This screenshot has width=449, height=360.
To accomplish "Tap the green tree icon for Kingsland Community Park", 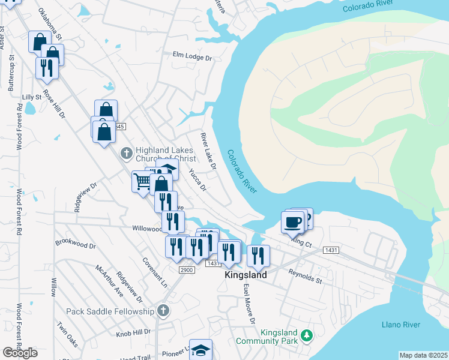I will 307,334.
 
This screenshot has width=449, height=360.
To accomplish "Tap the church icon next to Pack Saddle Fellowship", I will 162,310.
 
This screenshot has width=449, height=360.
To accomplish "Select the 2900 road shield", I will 187,270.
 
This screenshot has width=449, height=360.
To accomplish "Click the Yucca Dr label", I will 197,179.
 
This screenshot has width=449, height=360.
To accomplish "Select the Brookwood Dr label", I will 75,245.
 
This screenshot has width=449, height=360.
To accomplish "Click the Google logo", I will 20,353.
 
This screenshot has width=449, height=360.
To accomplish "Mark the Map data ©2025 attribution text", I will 423,355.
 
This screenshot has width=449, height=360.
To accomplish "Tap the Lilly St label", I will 31,97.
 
